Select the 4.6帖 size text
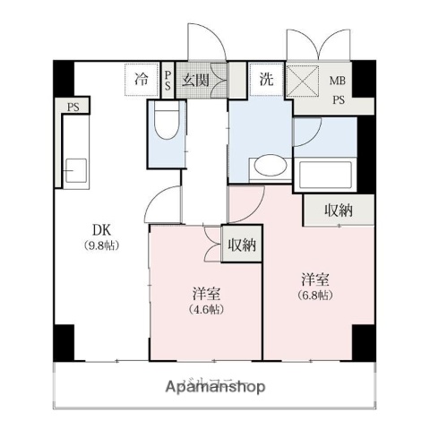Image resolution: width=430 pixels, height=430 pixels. pos(208,309)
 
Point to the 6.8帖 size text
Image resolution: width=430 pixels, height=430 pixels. pos(314,295)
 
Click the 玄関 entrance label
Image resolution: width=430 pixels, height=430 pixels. pos(196,79)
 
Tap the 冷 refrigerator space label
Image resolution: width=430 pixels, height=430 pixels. pos(142,79)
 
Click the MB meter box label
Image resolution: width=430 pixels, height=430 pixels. pos(337,79)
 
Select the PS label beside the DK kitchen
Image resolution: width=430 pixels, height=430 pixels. pos(71,107)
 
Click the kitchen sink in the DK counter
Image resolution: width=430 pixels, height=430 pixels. pos(73,168)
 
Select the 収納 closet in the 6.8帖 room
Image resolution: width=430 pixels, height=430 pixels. pos(337,211)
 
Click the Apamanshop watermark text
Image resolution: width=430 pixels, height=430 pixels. pos(215,387)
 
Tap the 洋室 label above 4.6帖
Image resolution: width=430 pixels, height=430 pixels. pos(207,293)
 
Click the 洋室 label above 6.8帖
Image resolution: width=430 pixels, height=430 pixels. pos(314,279)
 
